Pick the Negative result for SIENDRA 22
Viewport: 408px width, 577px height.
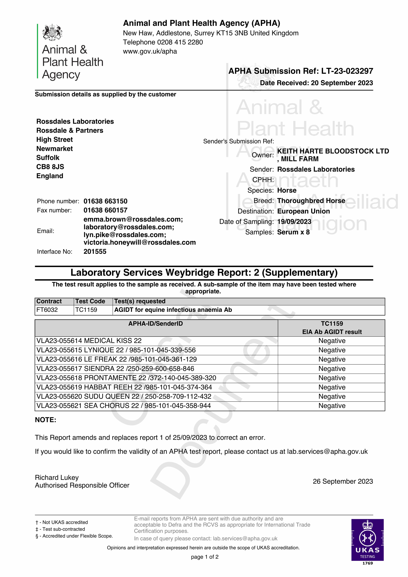(x=332, y=369)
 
